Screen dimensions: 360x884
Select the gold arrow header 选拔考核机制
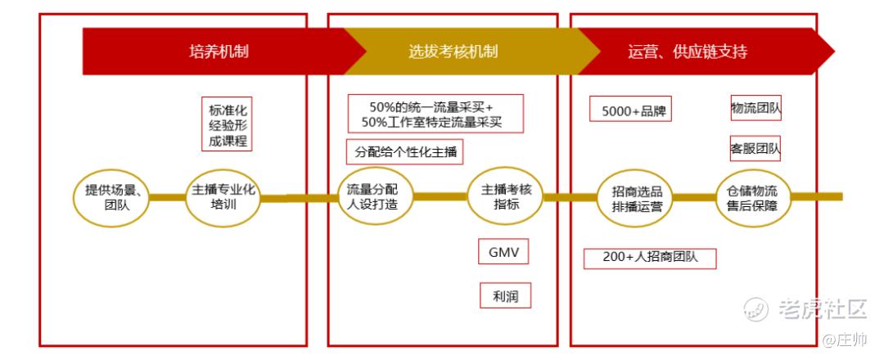pos(453,52)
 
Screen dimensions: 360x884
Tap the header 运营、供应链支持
pos(688,52)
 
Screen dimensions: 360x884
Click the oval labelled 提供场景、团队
pos(114,197)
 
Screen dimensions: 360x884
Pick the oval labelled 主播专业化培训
pos(223,197)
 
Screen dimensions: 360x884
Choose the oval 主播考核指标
pos(506,197)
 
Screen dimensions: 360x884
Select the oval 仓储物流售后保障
pos(752,197)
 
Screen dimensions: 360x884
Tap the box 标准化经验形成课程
pos(227,124)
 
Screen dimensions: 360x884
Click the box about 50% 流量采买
pos(435,114)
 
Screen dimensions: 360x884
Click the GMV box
pos(503,251)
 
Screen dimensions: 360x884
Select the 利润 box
pos(505,295)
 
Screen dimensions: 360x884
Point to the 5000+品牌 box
pos(630,109)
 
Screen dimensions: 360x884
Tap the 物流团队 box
pos(755,107)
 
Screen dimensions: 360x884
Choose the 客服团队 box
pos(755,149)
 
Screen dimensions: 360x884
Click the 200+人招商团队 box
pos(650,258)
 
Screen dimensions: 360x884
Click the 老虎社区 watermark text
pos(822,308)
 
